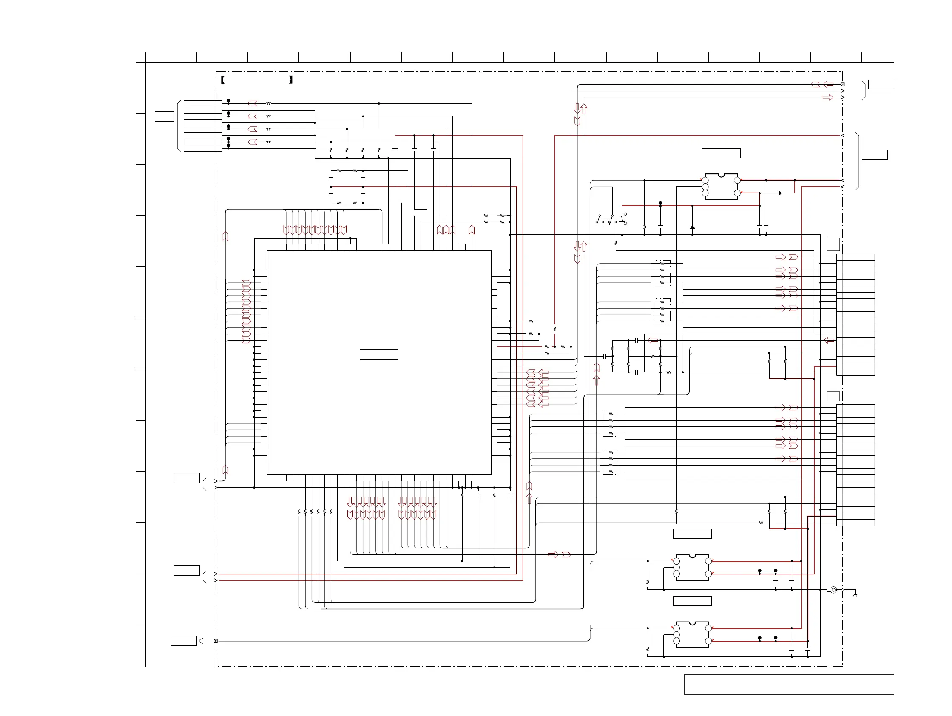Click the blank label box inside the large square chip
(x=379, y=355)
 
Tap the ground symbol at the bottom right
(x=855, y=595)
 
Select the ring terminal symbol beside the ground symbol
(x=833, y=590)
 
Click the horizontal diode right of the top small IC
(x=780, y=193)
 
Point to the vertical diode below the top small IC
(x=692, y=227)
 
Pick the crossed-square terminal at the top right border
(x=843, y=84)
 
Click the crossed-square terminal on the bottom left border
(x=216, y=641)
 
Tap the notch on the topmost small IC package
(x=721, y=175)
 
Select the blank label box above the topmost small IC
(x=721, y=153)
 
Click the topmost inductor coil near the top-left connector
(x=269, y=104)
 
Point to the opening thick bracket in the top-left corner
(x=222, y=80)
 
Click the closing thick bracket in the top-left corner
(x=291, y=80)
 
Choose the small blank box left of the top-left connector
(x=165, y=116)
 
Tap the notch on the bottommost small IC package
(x=692, y=623)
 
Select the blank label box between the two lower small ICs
(x=692, y=601)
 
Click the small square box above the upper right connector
(x=833, y=244)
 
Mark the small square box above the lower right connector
(x=833, y=396)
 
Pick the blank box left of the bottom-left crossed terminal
(x=184, y=641)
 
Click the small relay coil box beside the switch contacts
(x=622, y=219)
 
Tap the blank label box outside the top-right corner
(x=881, y=84)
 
